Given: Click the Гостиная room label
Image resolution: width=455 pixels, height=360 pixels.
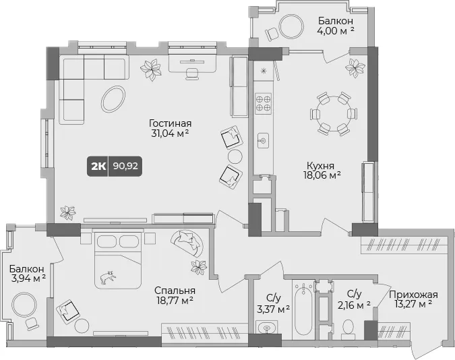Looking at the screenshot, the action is click(171, 123).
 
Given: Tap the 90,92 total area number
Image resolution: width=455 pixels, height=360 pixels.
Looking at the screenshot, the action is click(125, 167).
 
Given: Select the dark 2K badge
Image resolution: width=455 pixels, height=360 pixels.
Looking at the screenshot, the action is click(98, 167).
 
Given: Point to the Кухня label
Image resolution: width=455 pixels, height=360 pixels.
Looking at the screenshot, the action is click(320, 165).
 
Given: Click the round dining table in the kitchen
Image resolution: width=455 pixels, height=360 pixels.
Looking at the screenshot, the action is click(334, 113).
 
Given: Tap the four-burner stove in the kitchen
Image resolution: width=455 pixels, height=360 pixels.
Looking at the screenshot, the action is click(263, 104).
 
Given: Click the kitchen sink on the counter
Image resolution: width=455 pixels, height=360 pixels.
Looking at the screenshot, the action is click(263, 141).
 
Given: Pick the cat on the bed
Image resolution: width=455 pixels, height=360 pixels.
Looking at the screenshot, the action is click(108, 277).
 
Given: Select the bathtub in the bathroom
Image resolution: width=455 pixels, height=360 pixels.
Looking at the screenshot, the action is click(303, 307).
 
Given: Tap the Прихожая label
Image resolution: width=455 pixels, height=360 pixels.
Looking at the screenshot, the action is click(413, 295).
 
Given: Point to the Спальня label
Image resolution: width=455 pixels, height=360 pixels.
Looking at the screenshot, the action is click(175, 291).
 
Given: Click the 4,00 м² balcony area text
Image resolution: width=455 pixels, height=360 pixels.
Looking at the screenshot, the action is click(336, 30).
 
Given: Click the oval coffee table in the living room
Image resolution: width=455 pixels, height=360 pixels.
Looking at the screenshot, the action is click(113, 99).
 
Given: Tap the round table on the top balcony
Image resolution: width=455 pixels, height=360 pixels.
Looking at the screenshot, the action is click(292, 26).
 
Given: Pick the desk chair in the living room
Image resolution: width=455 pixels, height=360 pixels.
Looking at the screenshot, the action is click(192, 73).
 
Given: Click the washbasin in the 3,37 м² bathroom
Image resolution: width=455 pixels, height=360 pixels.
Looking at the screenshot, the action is click(266, 328).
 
